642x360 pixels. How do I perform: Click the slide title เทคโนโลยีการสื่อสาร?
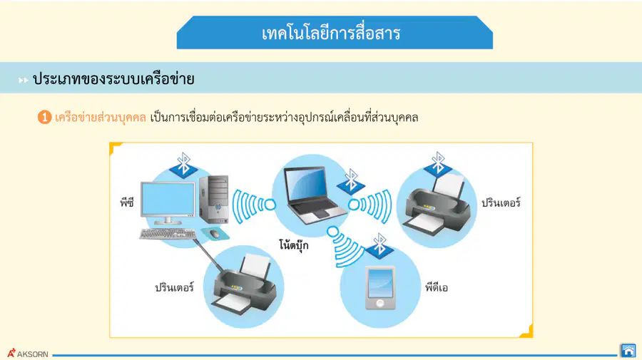tap(331, 33)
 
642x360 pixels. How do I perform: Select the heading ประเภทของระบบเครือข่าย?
tap(113, 78)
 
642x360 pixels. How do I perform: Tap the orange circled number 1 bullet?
tap(44, 118)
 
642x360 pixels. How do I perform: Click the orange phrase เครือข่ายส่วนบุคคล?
tap(101, 118)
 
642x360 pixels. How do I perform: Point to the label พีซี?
tap(127, 202)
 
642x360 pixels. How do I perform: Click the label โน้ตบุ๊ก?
tap(294, 245)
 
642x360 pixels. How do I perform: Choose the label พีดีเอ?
tap(437, 287)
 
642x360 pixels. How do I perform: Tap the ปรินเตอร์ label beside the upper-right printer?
tap(501, 202)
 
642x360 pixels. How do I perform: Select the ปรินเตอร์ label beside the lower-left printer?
tap(175, 287)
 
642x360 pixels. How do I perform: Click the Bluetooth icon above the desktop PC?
tap(183, 165)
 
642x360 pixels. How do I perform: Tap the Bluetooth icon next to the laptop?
tap(351, 181)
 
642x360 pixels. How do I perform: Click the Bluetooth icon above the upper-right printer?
tap(438, 164)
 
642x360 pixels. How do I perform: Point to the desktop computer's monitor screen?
tap(168, 199)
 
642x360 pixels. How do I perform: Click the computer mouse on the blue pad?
tap(215, 234)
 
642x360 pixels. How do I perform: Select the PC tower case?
tap(214, 199)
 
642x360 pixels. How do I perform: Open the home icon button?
tap(628, 351)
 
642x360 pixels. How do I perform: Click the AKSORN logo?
tap(28, 354)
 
